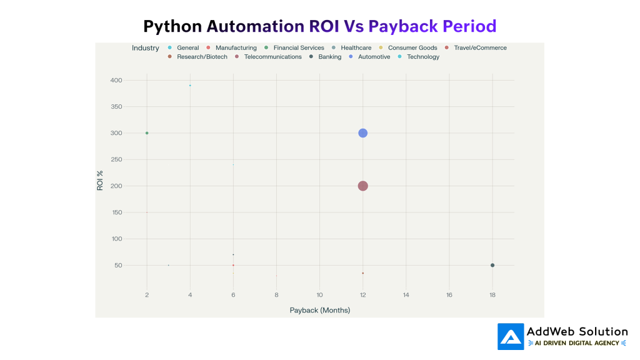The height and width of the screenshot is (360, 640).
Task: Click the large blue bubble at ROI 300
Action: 362,133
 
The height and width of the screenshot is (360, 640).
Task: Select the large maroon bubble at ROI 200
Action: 362,186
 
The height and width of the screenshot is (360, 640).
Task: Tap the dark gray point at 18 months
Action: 492,265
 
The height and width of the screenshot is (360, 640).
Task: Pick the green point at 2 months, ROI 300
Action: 147,133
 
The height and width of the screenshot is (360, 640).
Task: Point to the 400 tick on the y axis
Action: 116,81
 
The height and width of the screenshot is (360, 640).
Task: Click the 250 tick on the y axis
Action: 116,159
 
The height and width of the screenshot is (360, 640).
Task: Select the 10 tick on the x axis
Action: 319,294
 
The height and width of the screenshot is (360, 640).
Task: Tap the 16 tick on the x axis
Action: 449,294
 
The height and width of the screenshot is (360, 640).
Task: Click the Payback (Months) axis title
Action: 319,310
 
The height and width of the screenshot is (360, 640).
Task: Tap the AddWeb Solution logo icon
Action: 511,336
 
